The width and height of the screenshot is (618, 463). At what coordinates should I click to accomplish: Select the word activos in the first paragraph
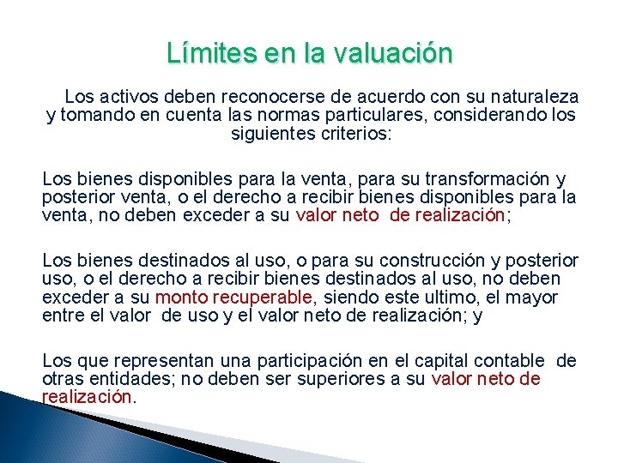[129, 97]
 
